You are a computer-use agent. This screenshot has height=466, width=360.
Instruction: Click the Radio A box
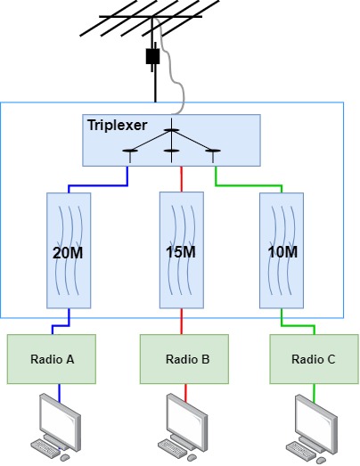coord(52,359)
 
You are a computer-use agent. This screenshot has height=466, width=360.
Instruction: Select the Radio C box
coord(314,359)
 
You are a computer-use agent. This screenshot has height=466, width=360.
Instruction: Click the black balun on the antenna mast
coord(153,56)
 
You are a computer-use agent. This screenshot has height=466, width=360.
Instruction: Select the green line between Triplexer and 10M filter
coord(250,186)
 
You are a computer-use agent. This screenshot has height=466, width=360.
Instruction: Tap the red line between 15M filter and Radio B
coord(183,320)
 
